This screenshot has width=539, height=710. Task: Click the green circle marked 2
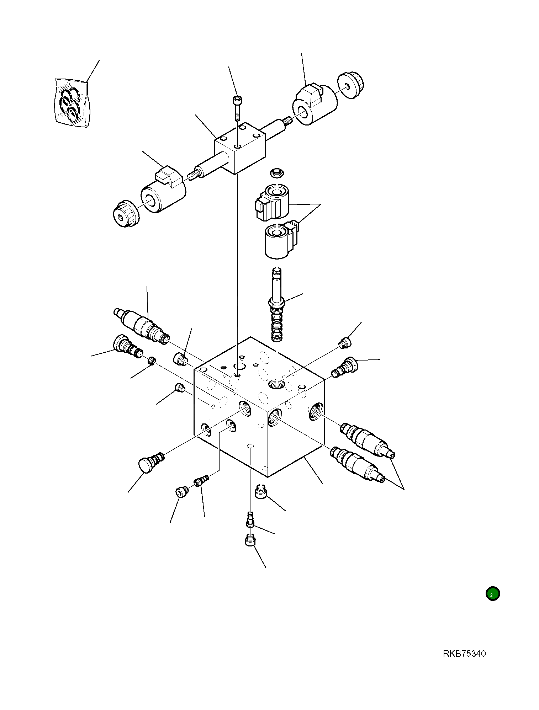click(x=492, y=594)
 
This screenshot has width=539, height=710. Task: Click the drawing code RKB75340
click(x=464, y=653)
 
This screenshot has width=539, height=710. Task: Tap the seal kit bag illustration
click(x=72, y=103)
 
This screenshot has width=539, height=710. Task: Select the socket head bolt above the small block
click(x=237, y=107)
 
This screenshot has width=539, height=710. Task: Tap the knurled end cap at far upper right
click(x=351, y=85)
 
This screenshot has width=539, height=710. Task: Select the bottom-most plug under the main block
click(x=250, y=541)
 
